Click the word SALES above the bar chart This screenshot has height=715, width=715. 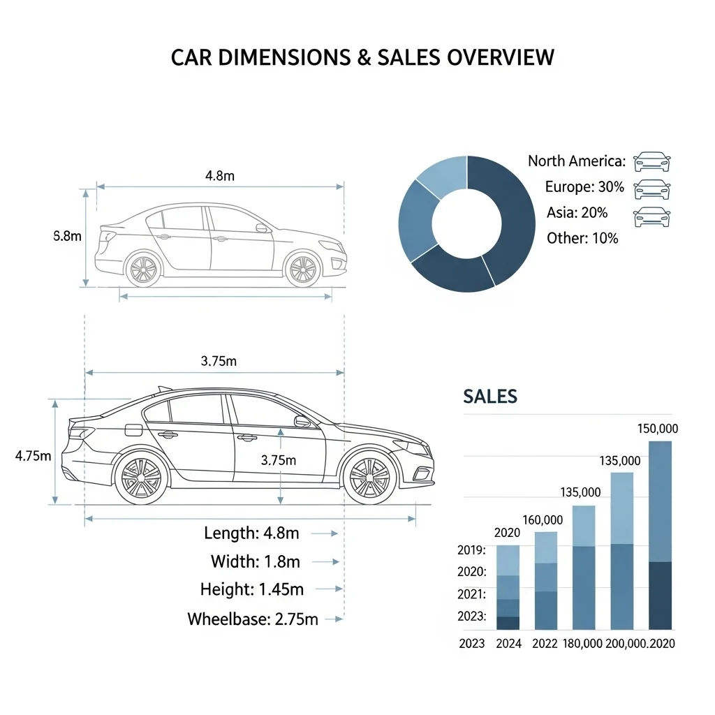490,397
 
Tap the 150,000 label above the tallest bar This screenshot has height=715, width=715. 658,429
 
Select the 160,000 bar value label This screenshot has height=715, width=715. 543,519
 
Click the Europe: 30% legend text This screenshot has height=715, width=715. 584,186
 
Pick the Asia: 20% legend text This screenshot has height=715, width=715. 577,212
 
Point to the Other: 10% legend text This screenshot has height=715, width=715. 582,238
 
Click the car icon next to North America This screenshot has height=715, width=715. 652,161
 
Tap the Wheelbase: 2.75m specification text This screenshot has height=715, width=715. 253,619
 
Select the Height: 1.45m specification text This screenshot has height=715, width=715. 251,589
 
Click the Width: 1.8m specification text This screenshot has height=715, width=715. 256,561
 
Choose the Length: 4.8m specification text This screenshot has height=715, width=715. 251,533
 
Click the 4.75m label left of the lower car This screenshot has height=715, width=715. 33,455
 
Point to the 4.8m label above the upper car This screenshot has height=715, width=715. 220,175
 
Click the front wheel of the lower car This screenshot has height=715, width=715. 370,478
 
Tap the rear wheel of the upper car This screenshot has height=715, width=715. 144,270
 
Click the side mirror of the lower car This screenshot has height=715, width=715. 302,421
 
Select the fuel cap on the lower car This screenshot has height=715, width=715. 133,429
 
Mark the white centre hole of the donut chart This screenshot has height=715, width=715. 466,223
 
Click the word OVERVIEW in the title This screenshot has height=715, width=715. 500,57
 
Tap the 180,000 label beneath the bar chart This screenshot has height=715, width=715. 582,643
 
